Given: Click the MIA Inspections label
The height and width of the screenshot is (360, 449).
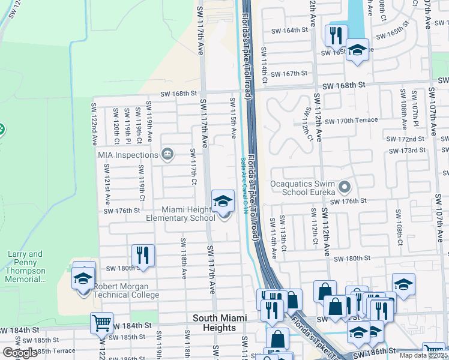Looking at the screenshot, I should (x=128, y=155).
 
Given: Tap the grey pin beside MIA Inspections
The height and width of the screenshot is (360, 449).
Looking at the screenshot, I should (x=167, y=155).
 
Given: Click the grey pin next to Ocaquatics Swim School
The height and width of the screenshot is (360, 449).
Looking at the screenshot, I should (x=344, y=188).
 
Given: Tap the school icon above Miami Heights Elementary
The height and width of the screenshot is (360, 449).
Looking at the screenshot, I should (x=223, y=200).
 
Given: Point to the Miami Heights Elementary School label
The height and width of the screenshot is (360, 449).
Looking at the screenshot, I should (x=180, y=214).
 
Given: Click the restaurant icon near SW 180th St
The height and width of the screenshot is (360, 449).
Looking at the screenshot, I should (x=143, y=255).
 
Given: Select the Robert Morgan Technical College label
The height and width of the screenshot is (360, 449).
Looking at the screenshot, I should (x=126, y=290).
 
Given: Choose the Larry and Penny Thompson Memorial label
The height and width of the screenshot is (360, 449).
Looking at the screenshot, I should (x=25, y=266).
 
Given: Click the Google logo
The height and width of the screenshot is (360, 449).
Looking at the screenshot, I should (x=19, y=353).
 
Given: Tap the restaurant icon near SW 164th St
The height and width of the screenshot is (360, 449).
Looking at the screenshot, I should (x=336, y=35).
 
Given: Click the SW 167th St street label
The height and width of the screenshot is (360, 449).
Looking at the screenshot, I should (x=289, y=73).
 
